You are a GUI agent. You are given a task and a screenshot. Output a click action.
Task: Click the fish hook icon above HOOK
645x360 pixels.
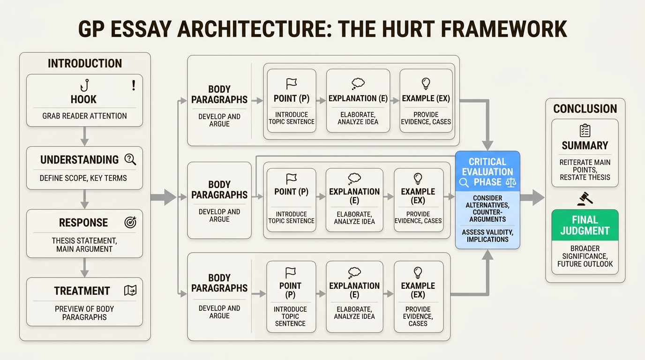84,85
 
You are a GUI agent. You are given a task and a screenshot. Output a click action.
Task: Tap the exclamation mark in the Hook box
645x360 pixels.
134,85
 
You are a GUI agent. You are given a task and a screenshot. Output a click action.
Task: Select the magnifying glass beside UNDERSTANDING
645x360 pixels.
130,159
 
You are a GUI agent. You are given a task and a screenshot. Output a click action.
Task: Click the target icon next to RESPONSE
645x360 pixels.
130,223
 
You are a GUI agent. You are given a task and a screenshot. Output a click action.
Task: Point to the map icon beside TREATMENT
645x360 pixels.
130,291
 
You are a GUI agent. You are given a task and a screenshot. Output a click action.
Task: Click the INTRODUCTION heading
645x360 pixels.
85,63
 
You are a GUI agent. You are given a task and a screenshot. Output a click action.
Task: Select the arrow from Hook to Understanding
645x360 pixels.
84,136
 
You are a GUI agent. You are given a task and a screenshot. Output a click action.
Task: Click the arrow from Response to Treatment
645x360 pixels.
84,267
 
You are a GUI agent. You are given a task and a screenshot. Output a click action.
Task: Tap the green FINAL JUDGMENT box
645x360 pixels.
585,225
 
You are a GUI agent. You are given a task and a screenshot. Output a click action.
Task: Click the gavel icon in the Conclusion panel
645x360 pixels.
585,199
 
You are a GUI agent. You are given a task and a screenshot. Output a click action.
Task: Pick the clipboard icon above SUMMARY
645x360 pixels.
585,130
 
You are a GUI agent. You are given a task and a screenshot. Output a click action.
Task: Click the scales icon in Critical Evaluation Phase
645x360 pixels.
510,182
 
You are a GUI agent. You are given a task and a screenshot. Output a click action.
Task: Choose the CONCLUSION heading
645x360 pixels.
585,109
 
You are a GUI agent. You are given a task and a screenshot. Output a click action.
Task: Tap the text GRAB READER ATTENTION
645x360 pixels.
84,116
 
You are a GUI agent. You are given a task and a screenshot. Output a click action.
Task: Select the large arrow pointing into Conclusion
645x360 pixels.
532,198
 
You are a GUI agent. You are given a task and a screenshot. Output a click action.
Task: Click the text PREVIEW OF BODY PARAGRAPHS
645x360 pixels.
84,313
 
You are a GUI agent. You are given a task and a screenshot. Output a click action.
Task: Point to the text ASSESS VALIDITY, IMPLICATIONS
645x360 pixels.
487,235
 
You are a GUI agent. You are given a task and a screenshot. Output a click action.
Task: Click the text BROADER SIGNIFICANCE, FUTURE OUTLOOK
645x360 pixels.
585,256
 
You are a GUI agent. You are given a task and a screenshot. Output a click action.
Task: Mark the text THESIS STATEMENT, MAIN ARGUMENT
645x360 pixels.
84,245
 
